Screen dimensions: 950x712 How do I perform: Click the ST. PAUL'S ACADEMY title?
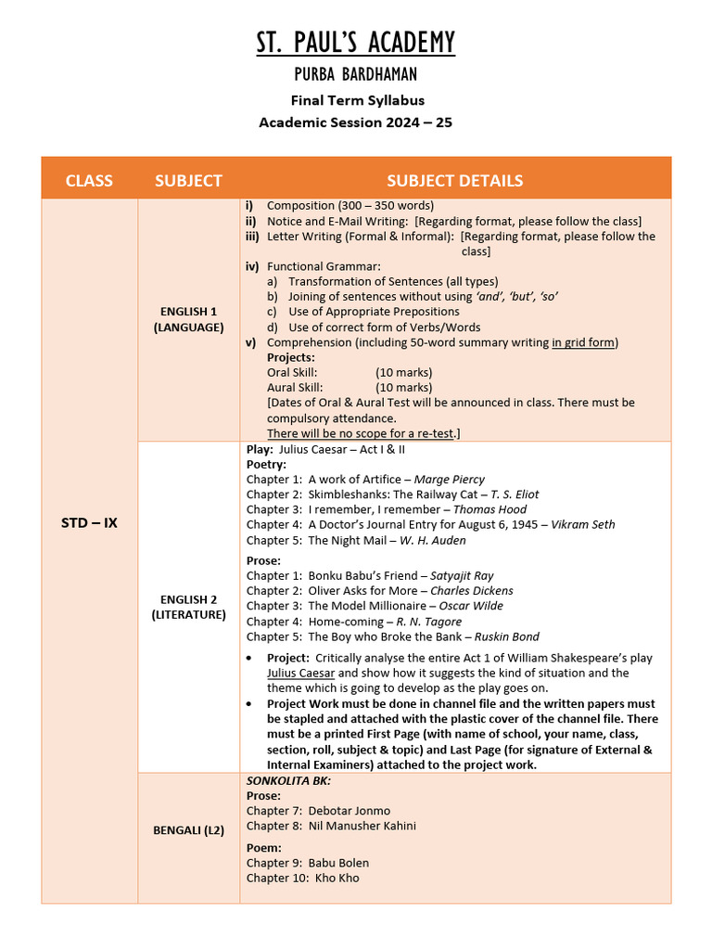tap(356, 43)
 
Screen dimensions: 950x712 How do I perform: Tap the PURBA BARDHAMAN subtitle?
tap(356, 75)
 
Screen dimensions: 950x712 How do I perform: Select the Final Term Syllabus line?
tap(356, 100)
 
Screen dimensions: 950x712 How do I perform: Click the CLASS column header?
tap(89, 180)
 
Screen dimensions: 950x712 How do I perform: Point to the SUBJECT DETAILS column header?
tap(454, 180)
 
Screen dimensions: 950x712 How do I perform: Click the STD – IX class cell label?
tap(89, 522)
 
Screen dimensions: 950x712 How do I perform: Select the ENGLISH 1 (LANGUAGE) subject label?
tap(188, 319)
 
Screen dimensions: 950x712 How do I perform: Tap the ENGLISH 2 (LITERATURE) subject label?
tap(188, 607)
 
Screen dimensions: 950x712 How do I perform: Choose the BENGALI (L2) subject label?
tap(188, 830)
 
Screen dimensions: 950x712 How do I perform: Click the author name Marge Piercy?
tap(449, 480)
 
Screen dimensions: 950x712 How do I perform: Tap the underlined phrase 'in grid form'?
tap(583, 342)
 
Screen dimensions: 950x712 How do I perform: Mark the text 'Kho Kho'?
tap(337, 878)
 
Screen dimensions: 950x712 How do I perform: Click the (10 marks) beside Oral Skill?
tap(403, 372)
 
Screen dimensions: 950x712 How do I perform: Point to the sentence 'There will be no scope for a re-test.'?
tap(363, 433)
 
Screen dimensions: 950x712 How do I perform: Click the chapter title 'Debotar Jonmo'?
tap(350, 811)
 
